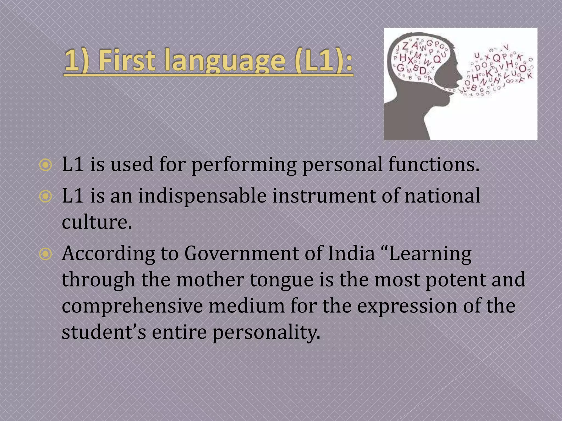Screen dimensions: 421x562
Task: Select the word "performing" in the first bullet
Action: tap(244, 165)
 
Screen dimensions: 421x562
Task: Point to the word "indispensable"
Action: tap(202, 197)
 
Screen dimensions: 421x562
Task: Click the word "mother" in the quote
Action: tap(210, 280)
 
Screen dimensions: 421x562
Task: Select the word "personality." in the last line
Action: tap(266, 332)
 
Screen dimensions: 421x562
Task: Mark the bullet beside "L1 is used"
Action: tap(45, 165)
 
